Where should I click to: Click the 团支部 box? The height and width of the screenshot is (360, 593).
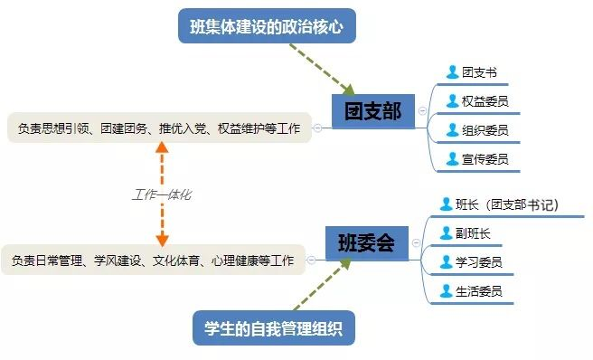[373, 111]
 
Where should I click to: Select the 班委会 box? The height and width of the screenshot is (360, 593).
[367, 243]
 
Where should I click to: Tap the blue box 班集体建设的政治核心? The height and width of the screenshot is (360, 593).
[267, 26]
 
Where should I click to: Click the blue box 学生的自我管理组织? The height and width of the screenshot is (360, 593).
[274, 327]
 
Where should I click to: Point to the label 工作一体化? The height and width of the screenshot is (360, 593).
[162, 194]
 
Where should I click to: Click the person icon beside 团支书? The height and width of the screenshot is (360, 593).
[452, 72]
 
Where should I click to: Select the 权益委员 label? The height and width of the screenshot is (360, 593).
[485, 101]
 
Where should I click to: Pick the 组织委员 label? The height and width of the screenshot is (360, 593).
[485, 130]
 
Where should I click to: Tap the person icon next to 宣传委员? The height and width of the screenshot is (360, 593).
[452, 158]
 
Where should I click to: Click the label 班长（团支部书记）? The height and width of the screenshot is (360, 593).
[507, 204]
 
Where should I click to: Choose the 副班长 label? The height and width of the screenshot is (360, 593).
[473, 233]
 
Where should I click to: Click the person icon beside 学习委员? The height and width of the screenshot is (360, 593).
[447, 262]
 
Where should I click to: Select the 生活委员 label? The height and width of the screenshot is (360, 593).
[479, 291]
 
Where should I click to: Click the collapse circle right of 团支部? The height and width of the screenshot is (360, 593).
[422, 110]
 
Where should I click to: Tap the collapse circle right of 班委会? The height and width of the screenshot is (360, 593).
[416, 242]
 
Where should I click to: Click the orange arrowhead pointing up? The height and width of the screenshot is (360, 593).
[162, 147]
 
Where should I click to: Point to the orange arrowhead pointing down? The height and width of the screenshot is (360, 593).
[162, 240]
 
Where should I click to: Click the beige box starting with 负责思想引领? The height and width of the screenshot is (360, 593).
[159, 128]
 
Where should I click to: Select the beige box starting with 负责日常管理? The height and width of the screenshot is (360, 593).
[153, 261]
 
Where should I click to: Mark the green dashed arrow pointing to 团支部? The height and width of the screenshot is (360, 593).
[322, 69]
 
